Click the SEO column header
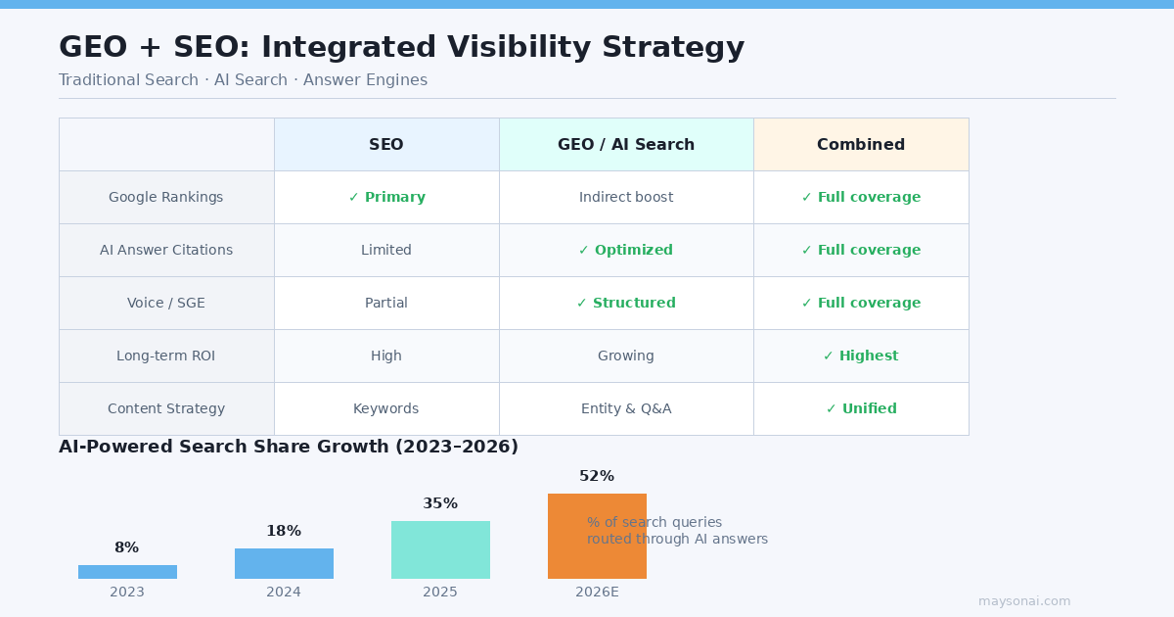(386, 145)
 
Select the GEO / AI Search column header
(626, 145)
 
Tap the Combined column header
(861, 145)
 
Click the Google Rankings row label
(166, 198)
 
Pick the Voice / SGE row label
(166, 304)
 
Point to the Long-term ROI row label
(166, 356)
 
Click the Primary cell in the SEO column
(386, 198)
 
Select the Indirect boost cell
(626, 198)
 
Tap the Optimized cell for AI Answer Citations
(626, 251)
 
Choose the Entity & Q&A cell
(626, 409)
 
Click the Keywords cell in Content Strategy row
(386, 409)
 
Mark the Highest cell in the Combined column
(861, 356)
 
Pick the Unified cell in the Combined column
(861, 409)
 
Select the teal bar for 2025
(440, 549)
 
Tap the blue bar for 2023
(127, 572)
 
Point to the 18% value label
(284, 532)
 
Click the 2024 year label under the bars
(284, 593)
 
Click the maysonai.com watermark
(1024, 601)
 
